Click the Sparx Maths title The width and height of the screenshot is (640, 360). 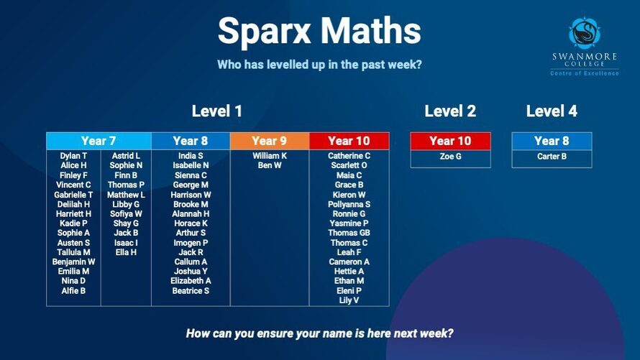click(x=319, y=32)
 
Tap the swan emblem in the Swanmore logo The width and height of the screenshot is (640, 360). click(x=585, y=33)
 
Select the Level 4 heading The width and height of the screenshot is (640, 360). click(x=552, y=111)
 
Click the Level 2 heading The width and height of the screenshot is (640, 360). click(x=450, y=111)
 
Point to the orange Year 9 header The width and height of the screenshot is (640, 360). click(x=270, y=141)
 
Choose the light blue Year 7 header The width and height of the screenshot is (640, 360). click(x=99, y=141)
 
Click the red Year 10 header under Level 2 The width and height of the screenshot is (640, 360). click(x=450, y=141)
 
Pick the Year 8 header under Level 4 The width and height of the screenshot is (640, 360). click(x=552, y=141)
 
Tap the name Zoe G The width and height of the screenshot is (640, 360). click(x=450, y=156)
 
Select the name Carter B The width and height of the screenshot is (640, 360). click(x=552, y=156)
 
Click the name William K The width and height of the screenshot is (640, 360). click(x=270, y=156)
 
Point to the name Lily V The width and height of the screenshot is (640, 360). click(x=349, y=300)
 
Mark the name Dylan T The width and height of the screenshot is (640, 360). click(x=73, y=156)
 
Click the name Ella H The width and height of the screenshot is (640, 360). click(x=126, y=252)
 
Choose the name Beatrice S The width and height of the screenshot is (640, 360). click(x=191, y=291)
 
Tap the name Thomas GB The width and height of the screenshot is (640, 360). click(x=349, y=233)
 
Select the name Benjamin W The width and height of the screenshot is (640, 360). click(x=73, y=262)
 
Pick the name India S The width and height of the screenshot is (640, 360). click(x=191, y=156)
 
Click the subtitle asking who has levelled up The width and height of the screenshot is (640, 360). click(x=319, y=65)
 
